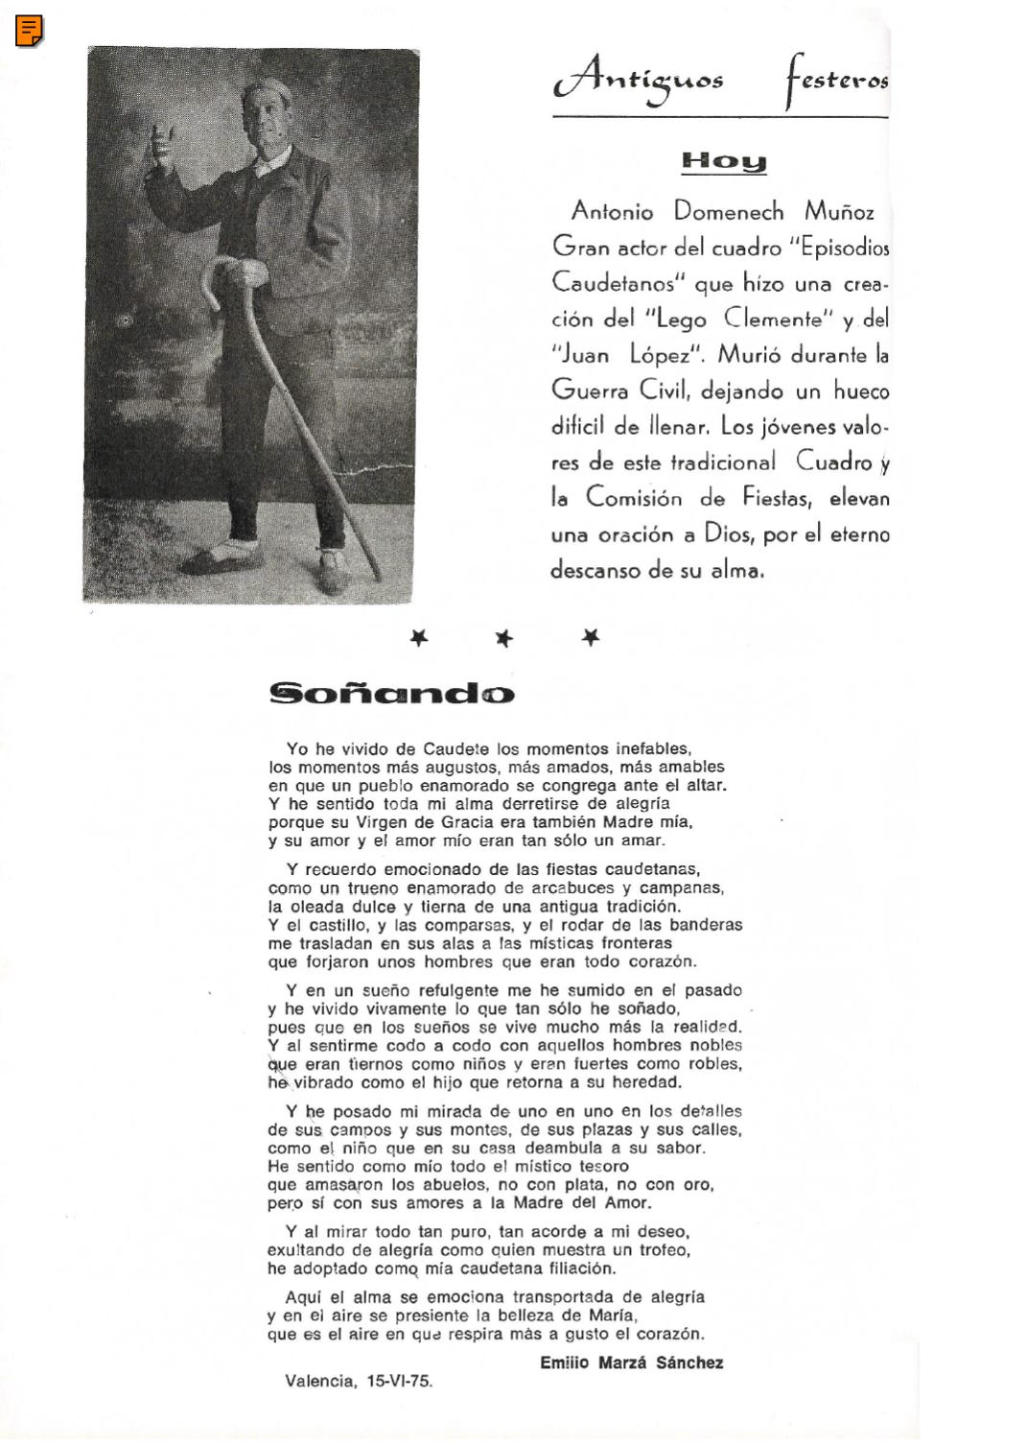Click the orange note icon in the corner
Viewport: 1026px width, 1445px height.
pos(30,31)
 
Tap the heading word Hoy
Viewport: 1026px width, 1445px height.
pos(724,161)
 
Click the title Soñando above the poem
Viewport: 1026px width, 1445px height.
pos(391,693)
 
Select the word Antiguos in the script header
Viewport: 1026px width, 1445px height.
pos(639,82)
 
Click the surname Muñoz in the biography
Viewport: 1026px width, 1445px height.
pos(839,211)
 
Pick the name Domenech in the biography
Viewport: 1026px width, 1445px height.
pos(728,211)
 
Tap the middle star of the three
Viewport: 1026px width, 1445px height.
pos(504,638)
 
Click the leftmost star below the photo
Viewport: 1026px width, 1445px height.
pos(418,637)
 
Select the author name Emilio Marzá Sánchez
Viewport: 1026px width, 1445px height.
pos(631,1362)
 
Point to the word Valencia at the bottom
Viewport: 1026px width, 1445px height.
pos(318,1382)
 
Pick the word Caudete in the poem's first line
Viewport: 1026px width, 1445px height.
pos(456,748)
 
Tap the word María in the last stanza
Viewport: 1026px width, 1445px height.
pos(609,1315)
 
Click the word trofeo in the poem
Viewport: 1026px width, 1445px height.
pos(665,1250)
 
